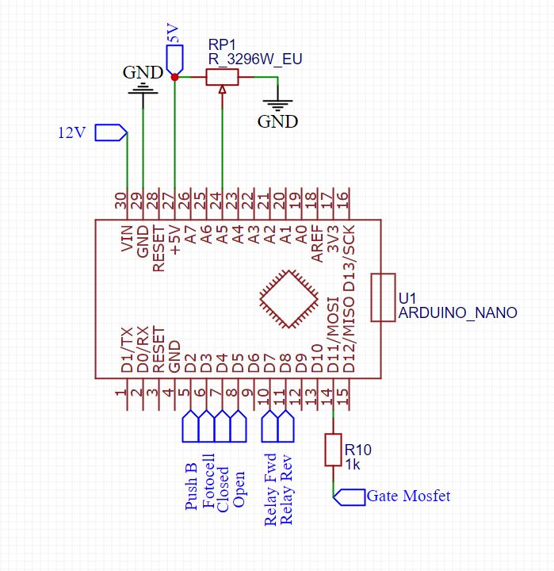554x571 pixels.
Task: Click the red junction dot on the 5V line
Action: pyautogui.click(x=174, y=77)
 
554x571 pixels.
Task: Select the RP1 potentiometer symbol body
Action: pyautogui.click(x=222, y=77)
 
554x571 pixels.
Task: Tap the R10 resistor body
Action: pyautogui.click(x=333, y=450)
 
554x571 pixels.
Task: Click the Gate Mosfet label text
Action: pyautogui.click(x=408, y=496)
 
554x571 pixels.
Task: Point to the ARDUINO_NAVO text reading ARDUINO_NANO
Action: pyautogui.click(x=457, y=313)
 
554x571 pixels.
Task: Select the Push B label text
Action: pyautogui.click(x=191, y=486)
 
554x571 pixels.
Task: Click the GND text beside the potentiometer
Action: pyautogui.click(x=277, y=122)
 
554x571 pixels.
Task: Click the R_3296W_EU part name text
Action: pyautogui.click(x=255, y=59)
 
